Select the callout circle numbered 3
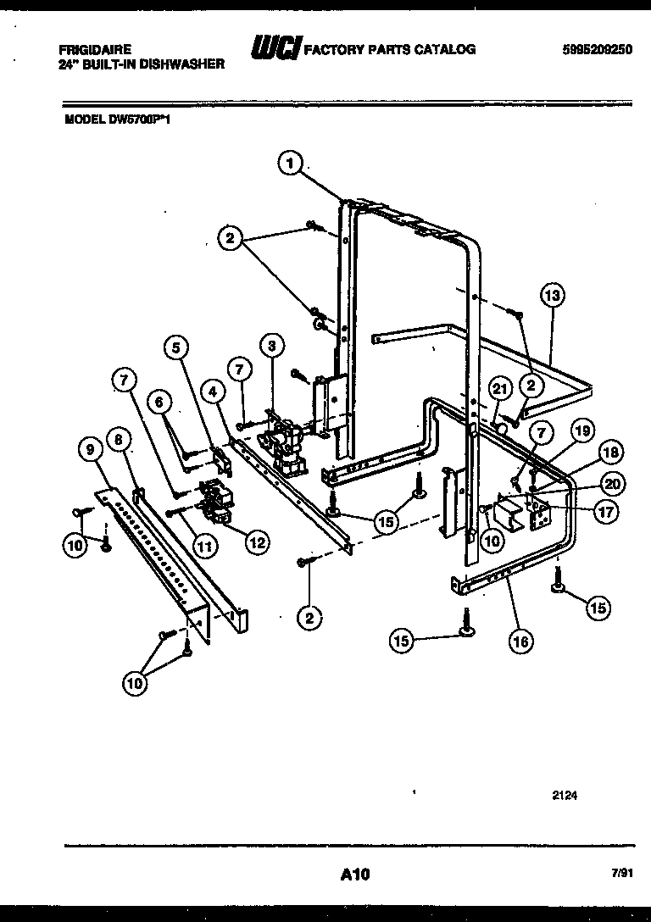271,346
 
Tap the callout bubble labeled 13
552,296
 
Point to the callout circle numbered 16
521,642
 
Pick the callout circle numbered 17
606,511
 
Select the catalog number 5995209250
597,50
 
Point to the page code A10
349,873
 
